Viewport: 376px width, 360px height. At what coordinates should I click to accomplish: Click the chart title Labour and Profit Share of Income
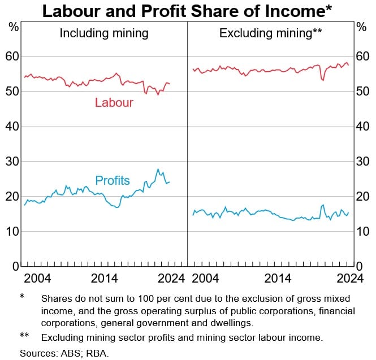coord(187,11)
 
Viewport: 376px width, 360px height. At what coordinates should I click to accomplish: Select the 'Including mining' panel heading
coord(104,33)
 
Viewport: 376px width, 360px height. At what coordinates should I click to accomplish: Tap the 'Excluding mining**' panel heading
coord(270,33)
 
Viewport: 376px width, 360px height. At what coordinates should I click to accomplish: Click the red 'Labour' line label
coord(114,102)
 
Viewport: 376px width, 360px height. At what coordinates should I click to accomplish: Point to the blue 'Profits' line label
coord(113,181)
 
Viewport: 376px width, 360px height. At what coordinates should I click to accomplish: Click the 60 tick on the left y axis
coord(12,57)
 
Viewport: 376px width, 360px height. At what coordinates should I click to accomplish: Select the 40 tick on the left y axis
coord(12,127)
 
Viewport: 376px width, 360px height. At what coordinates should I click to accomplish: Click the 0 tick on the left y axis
coord(15,266)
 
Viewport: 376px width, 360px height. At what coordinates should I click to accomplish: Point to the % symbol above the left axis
coord(14,26)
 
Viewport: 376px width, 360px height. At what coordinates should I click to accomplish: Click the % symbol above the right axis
coord(362,26)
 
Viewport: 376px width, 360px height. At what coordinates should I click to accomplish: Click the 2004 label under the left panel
coord(37,278)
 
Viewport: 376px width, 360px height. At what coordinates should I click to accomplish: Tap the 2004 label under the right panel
coord(205,278)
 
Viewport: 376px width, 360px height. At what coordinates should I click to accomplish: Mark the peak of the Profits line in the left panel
coord(158,169)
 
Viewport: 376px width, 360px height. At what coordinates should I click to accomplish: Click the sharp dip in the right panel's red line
coord(322,80)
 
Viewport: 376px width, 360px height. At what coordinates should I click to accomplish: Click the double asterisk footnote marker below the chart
coord(24,337)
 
